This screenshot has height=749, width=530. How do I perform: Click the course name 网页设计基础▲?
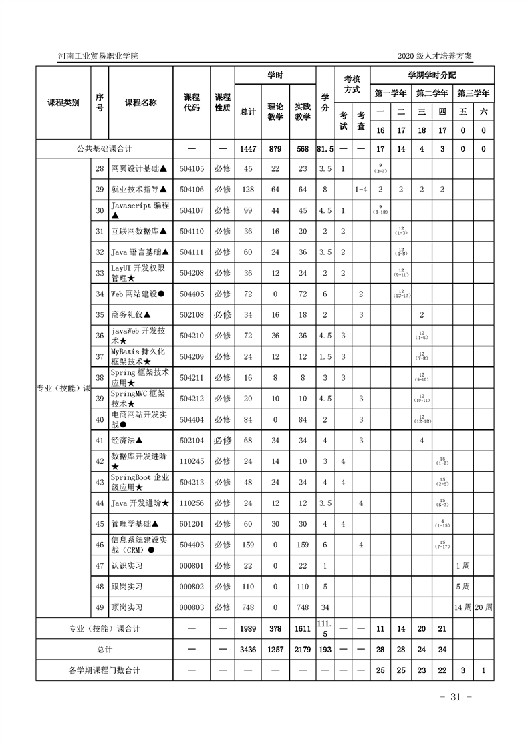coord(139,169)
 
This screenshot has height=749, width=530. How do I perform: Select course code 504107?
coord(191,210)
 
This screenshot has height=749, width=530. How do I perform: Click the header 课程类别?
coord(63,103)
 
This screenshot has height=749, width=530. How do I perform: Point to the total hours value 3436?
coord(248,649)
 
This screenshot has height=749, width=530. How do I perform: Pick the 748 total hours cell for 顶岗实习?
coord(248,607)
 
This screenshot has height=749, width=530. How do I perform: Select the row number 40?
coord(99,419)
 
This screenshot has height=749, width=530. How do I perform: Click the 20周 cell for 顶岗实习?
coord(484,607)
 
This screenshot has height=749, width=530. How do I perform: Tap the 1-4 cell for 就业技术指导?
coord(361,190)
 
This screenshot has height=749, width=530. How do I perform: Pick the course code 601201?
coord(191,524)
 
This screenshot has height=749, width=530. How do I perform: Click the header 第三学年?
coord(473,93)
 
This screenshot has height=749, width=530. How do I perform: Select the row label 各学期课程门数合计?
coord(105,670)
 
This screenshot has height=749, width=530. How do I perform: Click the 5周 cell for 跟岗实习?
coord(463,587)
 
